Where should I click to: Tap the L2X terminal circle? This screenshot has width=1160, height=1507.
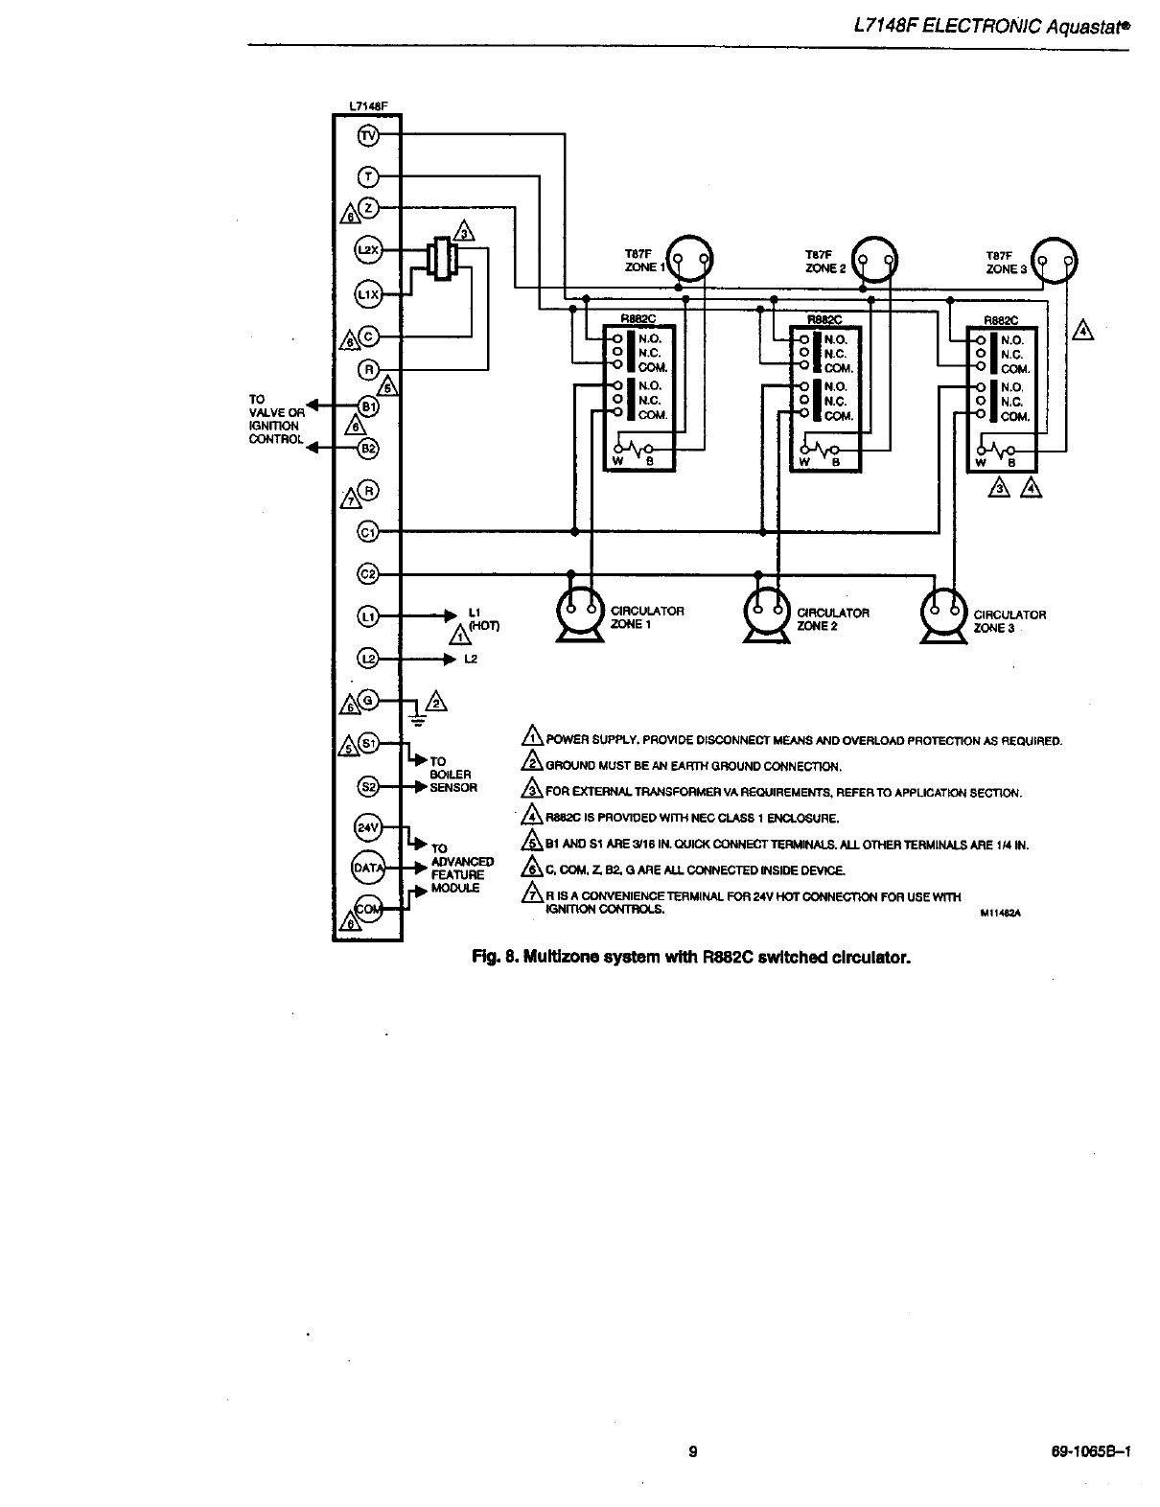[x=368, y=250]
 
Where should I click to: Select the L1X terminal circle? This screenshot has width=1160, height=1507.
[x=368, y=293]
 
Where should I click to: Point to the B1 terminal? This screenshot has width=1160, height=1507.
[x=368, y=406]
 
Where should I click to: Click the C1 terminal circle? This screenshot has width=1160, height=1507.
[x=368, y=531]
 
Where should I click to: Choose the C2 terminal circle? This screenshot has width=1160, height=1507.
[x=368, y=573]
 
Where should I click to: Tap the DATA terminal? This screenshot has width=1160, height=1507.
[x=368, y=868]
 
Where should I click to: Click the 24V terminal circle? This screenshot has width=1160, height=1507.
[x=368, y=826]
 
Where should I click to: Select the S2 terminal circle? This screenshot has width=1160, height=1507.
[x=368, y=786]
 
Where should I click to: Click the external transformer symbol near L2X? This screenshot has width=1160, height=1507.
[x=442, y=258]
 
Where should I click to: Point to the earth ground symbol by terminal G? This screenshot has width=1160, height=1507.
[x=416, y=716]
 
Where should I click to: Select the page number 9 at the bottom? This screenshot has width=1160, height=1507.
[x=692, y=1450]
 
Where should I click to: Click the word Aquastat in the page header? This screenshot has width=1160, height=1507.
[x=1086, y=29]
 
